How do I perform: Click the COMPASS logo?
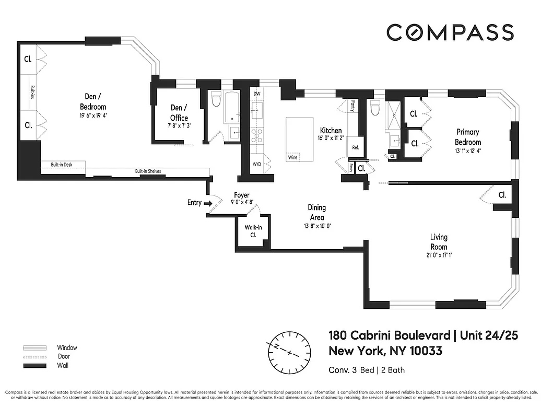pos(450,32)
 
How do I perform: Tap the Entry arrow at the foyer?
pos(207,203)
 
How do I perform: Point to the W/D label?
pos(256,164)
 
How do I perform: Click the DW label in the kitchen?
pos(256,94)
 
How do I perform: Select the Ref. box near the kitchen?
pos(356,147)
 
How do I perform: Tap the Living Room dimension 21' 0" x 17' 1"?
pos(438,256)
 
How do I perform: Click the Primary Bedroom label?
pos(467,137)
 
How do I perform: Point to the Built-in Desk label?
pos(61,165)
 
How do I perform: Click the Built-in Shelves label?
pos(148,171)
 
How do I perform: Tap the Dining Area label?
pos(317,213)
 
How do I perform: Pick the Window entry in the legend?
pos(66,348)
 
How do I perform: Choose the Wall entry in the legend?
pos(62,365)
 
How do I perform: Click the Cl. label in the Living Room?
pos(502,195)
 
